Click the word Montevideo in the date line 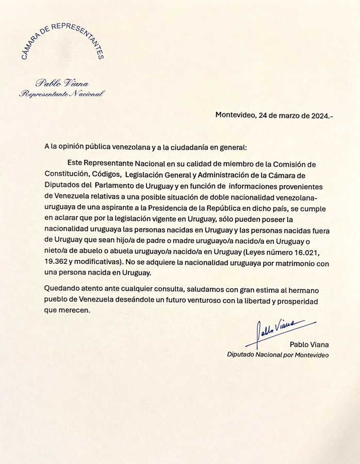pyautogui.click(x=235, y=115)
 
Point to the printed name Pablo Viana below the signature pyautogui.click(x=309, y=344)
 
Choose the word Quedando pyautogui.click(x=62, y=290)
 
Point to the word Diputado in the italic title pyautogui.click(x=242, y=355)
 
